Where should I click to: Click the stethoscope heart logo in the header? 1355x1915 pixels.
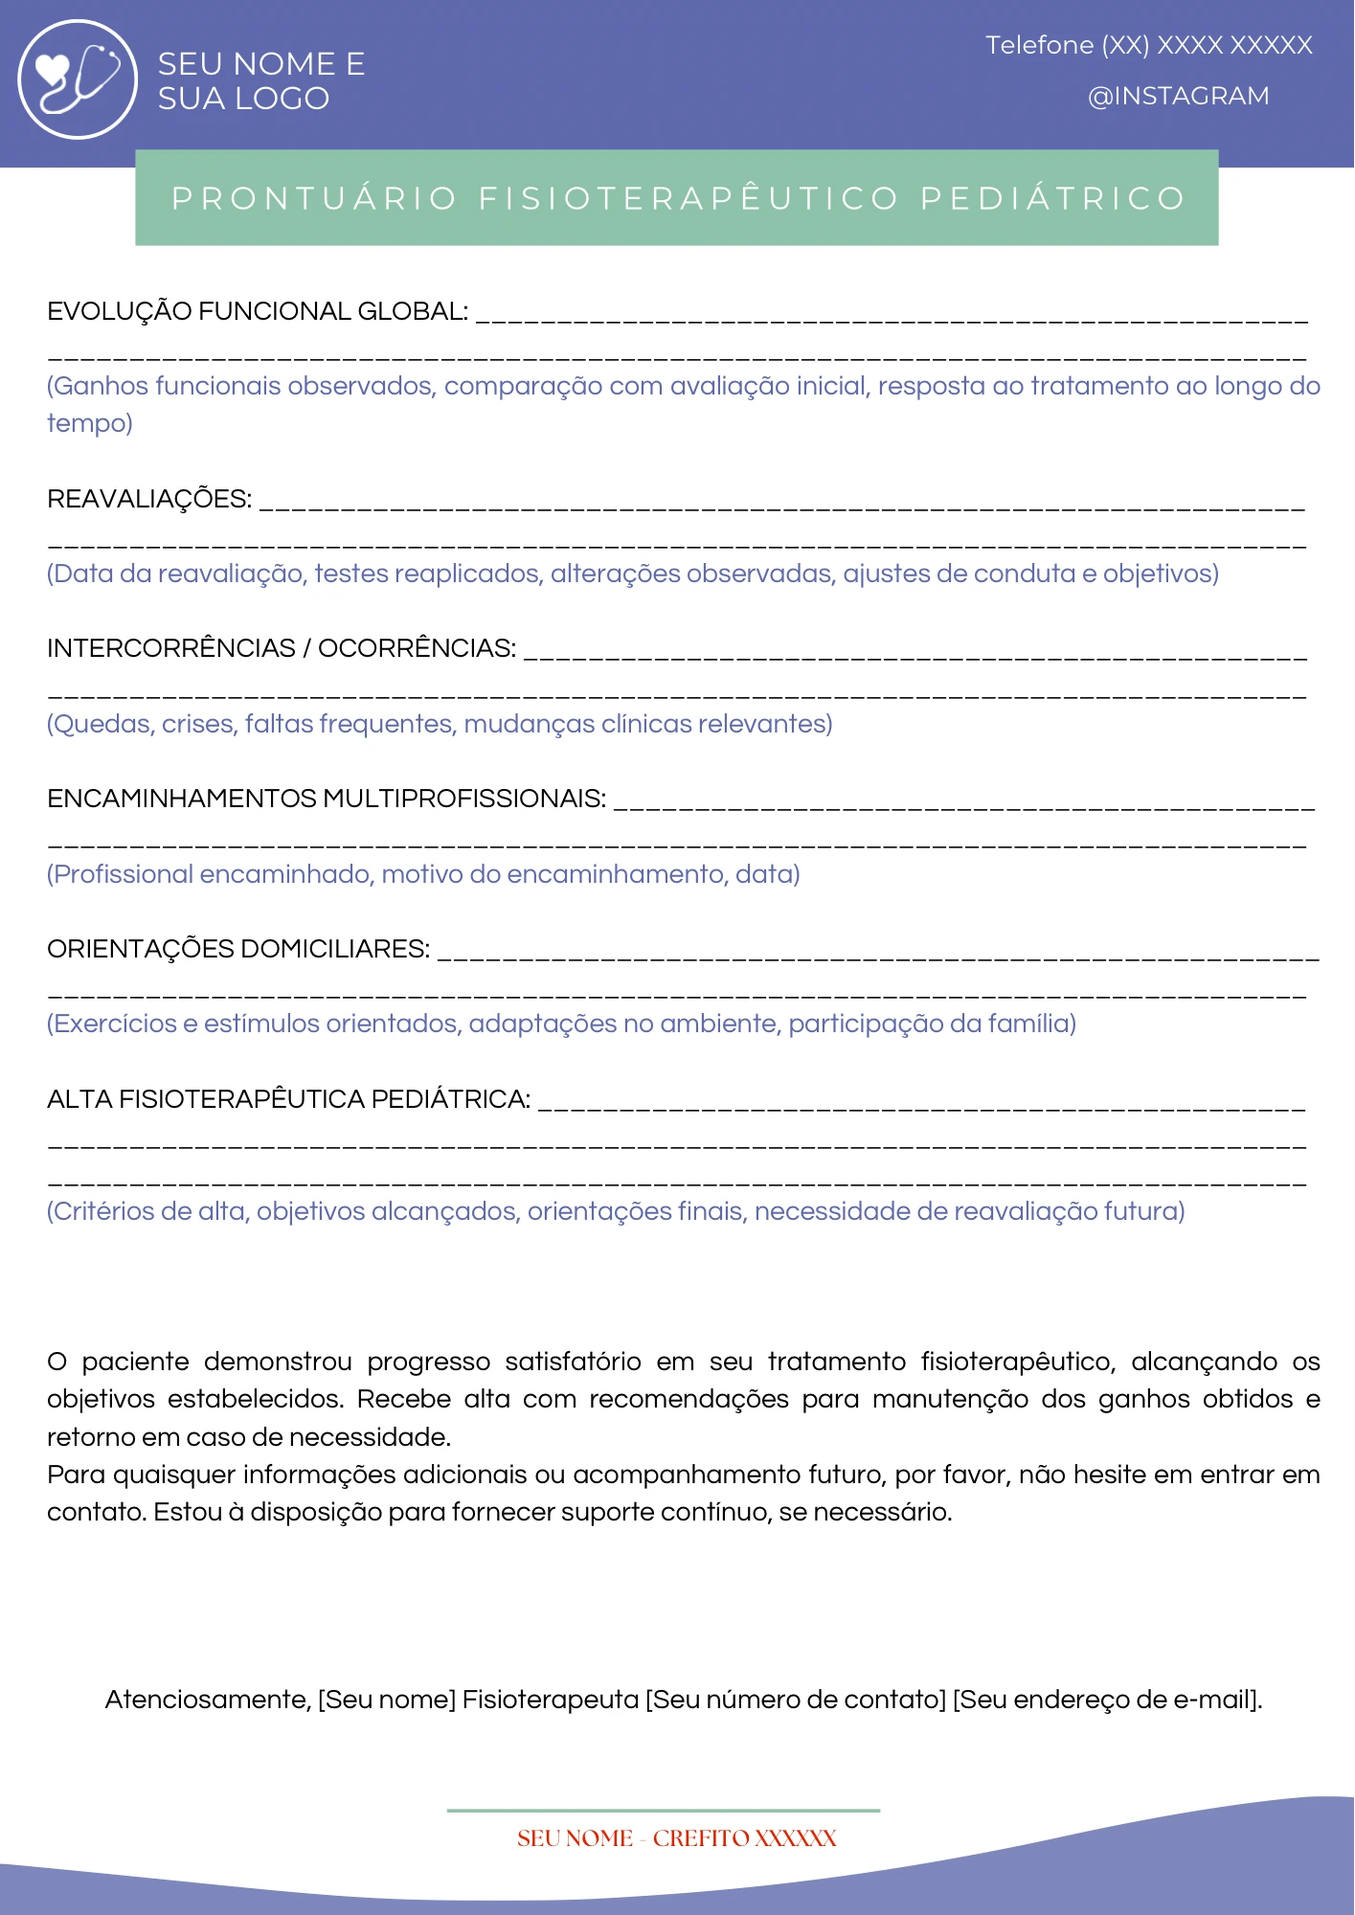tap(78, 79)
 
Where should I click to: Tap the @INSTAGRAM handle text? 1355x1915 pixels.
tap(1178, 97)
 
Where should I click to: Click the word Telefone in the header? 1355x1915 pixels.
tap(1039, 45)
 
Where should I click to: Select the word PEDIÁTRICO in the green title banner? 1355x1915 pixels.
tap(1052, 198)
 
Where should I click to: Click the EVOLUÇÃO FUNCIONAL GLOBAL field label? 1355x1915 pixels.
tap(257, 311)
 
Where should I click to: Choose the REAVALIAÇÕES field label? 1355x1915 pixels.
tap(149, 499)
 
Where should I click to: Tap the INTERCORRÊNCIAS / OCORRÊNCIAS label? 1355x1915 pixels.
tap(281, 648)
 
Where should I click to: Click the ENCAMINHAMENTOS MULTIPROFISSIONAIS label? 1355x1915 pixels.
tap(326, 799)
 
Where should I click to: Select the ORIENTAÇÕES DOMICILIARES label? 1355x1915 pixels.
tap(237, 949)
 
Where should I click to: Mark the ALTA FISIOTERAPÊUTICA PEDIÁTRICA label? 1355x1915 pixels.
tap(288, 1099)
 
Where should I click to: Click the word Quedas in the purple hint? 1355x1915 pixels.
tap(103, 724)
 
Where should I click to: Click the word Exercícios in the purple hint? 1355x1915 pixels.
tap(115, 1024)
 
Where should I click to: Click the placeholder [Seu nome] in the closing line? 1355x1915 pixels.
tap(387, 1700)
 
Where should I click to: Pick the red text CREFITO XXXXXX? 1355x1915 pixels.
tap(744, 1838)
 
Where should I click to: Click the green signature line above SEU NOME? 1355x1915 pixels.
tap(663, 1811)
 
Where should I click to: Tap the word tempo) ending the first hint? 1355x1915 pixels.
tap(90, 423)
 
